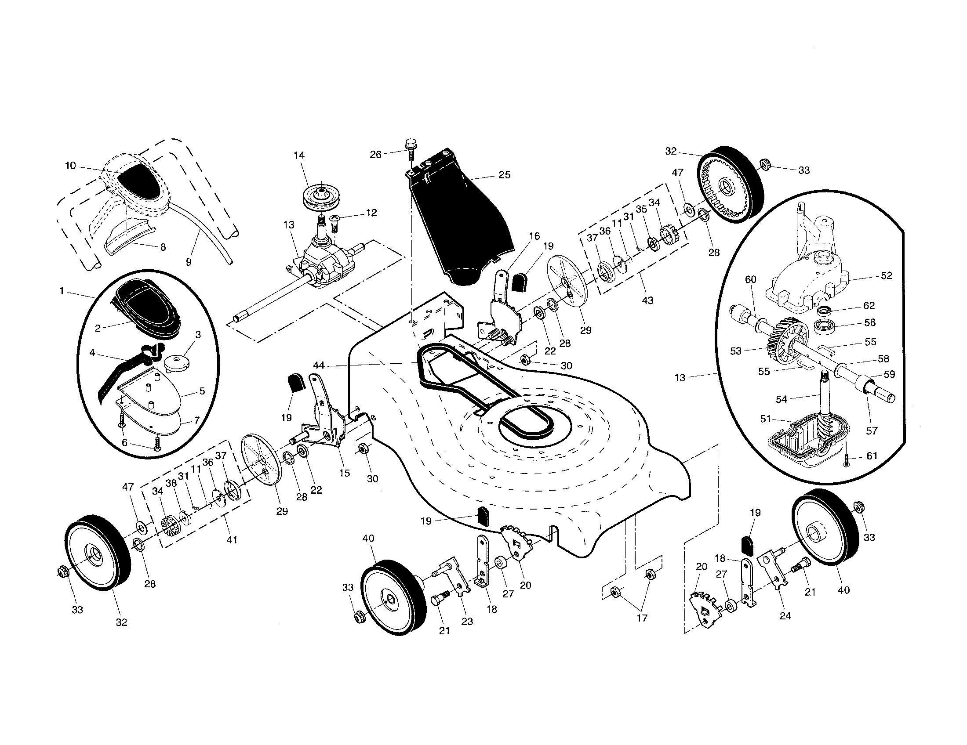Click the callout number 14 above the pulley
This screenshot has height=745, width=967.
(x=299, y=156)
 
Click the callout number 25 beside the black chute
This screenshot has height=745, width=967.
(x=504, y=175)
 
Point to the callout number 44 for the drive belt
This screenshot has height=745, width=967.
(x=319, y=365)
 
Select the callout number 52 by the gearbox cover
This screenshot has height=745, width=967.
(x=887, y=275)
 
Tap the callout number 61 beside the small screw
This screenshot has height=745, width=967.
(x=872, y=456)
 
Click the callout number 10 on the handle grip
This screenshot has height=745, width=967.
(x=70, y=166)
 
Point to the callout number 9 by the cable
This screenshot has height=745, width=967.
(x=189, y=262)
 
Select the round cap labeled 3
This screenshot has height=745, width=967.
(x=176, y=362)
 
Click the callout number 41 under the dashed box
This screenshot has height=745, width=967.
(x=232, y=540)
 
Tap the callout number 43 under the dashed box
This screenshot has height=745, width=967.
(x=647, y=301)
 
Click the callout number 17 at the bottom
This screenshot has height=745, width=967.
(x=642, y=618)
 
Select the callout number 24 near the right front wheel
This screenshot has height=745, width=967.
(x=785, y=615)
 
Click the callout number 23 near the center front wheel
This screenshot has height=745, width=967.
(x=467, y=621)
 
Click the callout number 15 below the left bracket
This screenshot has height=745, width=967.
(x=344, y=473)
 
